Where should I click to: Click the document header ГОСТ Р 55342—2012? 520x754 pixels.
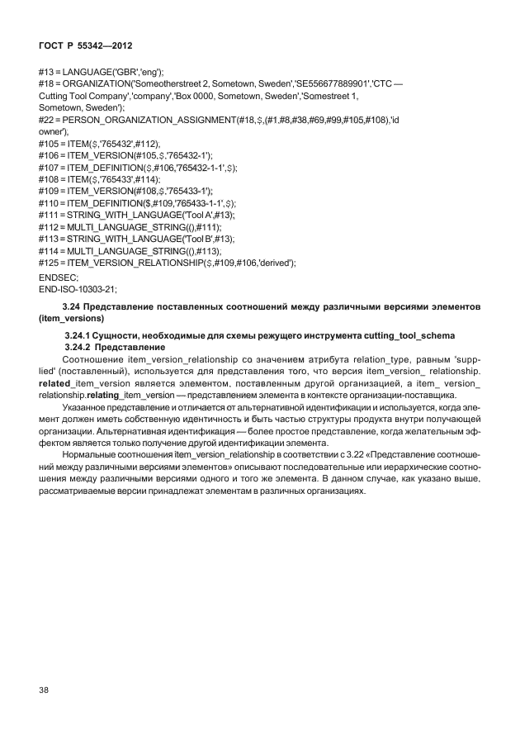click(x=83, y=40)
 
